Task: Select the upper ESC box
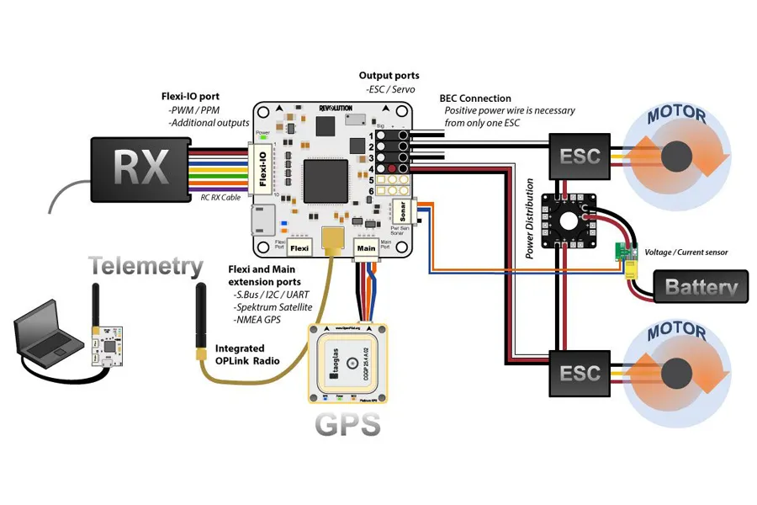tap(580, 155)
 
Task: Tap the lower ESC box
tap(580, 372)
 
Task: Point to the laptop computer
tap(46, 337)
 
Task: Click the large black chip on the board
tap(325, 179)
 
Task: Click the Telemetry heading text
tap(146, 267)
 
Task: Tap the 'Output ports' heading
tap(391, 76)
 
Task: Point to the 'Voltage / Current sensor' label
tap(685, 252)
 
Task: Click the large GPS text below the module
tap(347, 423)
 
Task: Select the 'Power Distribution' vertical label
tap(530, 219)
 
